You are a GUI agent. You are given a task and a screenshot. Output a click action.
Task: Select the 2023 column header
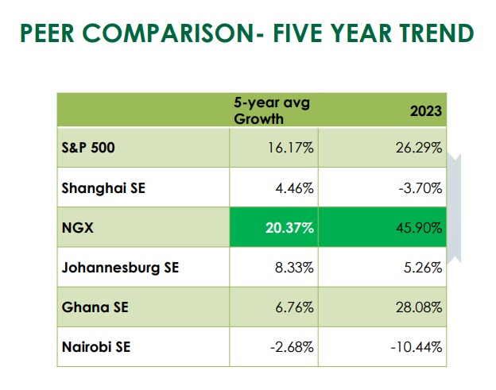[426, 112]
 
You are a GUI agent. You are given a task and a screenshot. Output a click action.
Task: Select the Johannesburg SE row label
[120, 268]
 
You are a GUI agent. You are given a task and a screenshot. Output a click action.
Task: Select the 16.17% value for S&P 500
[291, 149]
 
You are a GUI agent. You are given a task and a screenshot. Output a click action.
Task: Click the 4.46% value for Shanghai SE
[295, 188]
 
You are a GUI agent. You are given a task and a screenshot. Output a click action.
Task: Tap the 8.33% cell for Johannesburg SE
[295, 268]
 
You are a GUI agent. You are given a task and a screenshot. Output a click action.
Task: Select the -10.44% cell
[417, 347]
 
